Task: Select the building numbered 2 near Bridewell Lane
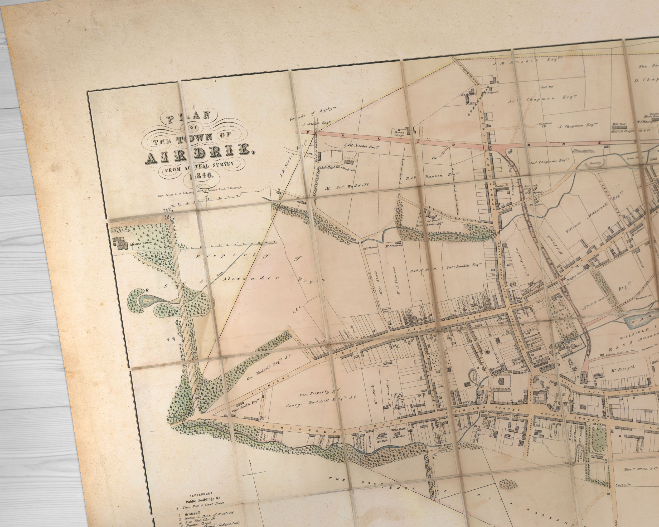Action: click(501, 382)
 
